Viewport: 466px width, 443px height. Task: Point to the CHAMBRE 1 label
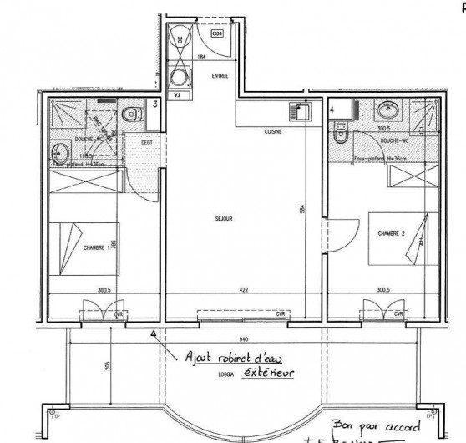98,247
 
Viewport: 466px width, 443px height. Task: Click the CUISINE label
272,131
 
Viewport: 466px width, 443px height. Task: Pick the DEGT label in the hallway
146,141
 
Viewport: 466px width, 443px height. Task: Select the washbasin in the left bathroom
58,152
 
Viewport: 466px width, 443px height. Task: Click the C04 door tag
216,35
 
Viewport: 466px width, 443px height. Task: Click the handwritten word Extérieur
269,372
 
